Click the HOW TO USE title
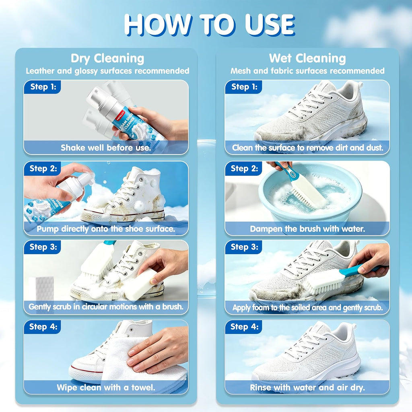click(209, 25)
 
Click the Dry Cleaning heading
click(107, 58)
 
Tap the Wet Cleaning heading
click(307, 58)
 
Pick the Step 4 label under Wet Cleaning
click(244, 327)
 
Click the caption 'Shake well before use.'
click(106, 148)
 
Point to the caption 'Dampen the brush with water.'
click(307, 229)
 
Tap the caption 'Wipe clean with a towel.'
click(106, 387)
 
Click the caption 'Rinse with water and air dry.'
click(307, 387)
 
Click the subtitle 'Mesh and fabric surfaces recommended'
click(307, 71)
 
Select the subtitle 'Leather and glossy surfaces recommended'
click(107, 71)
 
